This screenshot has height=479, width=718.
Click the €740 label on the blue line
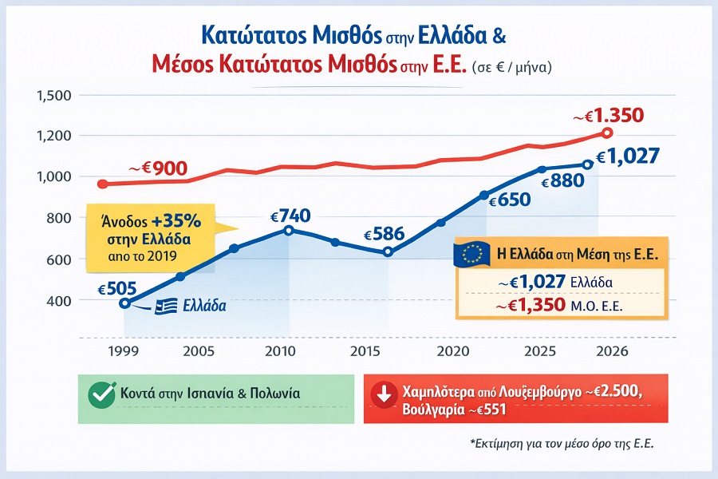pos(290,216)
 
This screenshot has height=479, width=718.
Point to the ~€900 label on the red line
pos(159,168)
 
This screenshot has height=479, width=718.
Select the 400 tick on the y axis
pos(60,300)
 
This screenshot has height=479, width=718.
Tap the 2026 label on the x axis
pos(609,351)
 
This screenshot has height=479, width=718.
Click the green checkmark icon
pos(101,394)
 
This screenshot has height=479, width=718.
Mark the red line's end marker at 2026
pos(607,133)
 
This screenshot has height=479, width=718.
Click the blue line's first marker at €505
pos(124,303)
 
